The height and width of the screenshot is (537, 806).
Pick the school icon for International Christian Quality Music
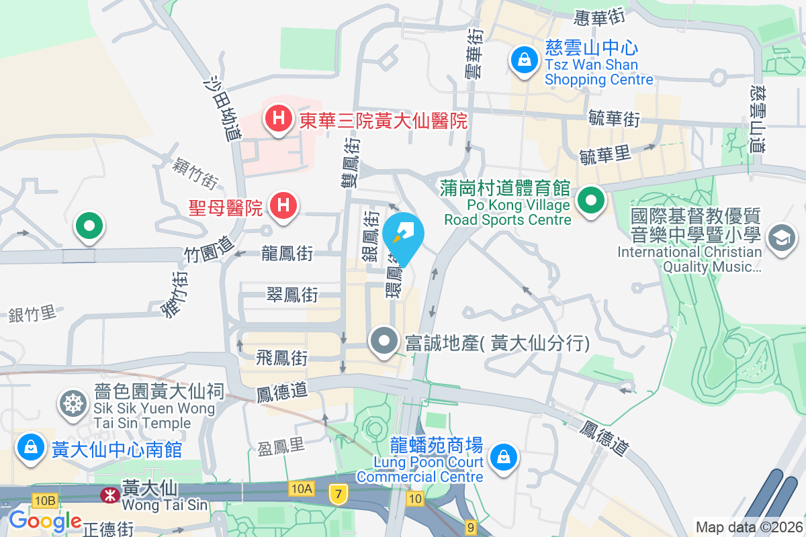pyautogui.click(x=782, y=238)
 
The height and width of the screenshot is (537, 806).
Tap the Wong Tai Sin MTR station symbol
pyautogui.click(x=107, y=495)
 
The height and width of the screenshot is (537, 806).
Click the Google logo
pyautogui.click(x=45, y=521)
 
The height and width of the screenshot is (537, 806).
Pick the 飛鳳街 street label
pyautogui.click(x=282, y=358)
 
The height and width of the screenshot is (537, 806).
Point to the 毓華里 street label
pyautogui.click(x=605, y=155)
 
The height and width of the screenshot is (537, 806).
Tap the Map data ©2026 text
pyautogui.click(x=749, y=527)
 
